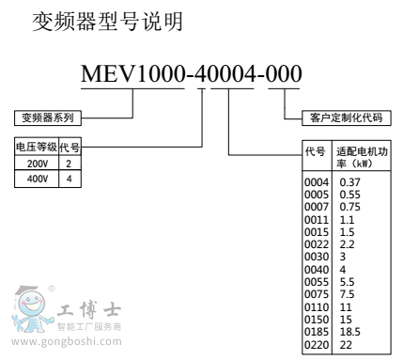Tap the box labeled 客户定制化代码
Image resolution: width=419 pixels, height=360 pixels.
(346, 117)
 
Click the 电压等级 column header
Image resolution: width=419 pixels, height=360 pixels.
(37, 147)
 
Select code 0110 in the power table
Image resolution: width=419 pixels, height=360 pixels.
(317, 305)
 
